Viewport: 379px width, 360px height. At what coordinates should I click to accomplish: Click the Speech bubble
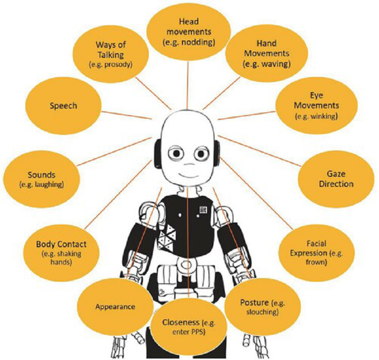[x=63, y=106]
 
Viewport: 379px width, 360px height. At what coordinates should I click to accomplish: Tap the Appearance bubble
[x=115, y=306]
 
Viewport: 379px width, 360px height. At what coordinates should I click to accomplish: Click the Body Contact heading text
[x=62, y=244]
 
